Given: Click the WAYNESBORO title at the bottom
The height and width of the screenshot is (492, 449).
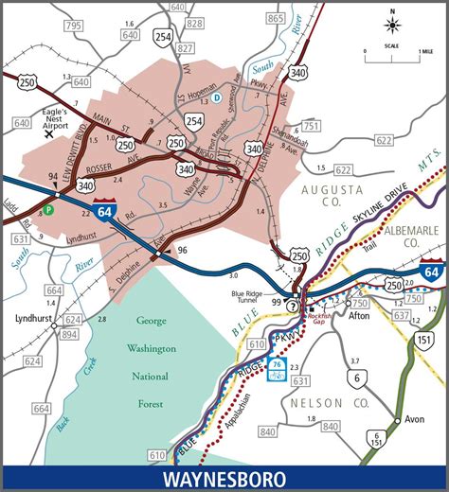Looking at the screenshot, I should pyautogui.click(x=224, y=478).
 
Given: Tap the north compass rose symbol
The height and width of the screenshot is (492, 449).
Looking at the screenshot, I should pyautogui.click(x=392, y=25).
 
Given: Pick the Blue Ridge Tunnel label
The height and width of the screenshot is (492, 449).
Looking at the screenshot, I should pyautogui.click(x=252, y=272).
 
